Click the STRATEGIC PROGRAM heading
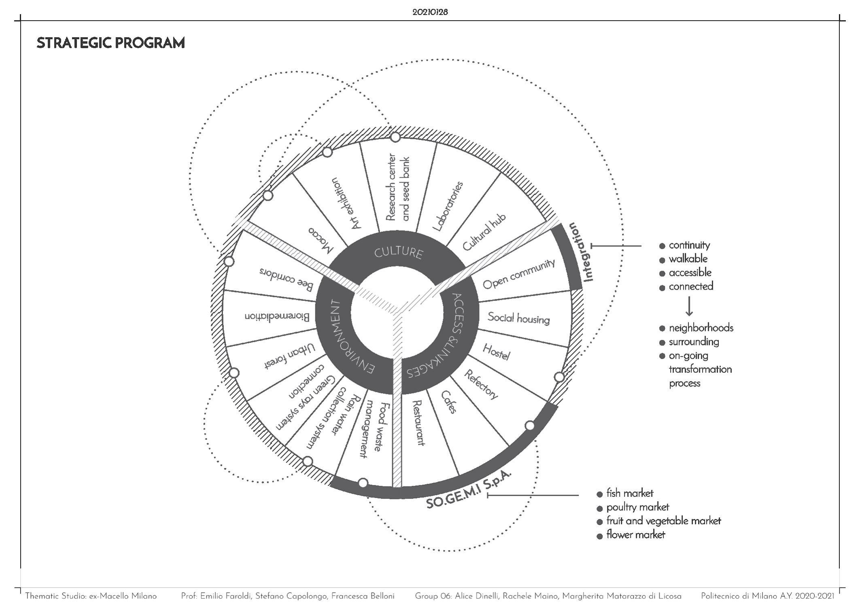pos(110,43)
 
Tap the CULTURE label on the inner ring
pos(398,252)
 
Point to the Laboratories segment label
pos(448,206)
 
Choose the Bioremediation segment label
pos(277,316)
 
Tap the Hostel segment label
pos(496,352)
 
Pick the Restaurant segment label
pos(418,423)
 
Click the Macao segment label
pos(321,240)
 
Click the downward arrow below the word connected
pos(689,307)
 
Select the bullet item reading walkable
pos(688,259)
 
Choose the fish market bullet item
pos(629,494)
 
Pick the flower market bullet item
pos(635,535)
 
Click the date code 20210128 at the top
pos(430,12)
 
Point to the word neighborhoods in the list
pos(701,328)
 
